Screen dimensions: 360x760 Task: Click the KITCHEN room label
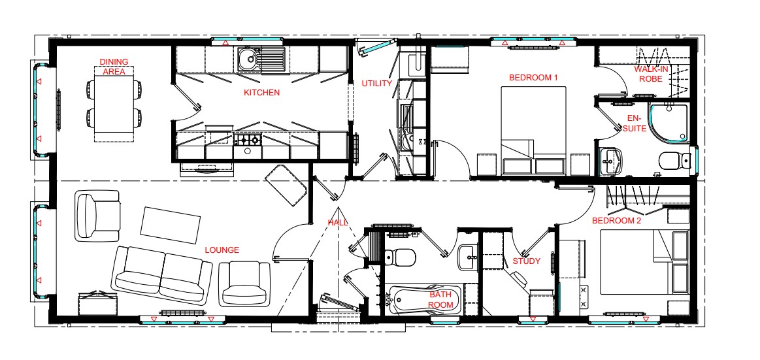click(x=261, y=93)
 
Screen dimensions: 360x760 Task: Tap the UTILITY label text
click(x=376, y=84)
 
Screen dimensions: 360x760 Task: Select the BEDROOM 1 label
click(x=533, y=78)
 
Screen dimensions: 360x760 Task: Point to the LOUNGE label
click(x=222, y=250)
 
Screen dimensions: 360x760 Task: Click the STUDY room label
click(x=526, y=261)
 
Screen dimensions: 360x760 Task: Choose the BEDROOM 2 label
click(x=616, y=221)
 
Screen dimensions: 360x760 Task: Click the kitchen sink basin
click(x=249, y=60)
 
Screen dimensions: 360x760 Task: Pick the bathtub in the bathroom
click(x=423, y=301)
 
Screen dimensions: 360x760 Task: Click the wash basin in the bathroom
click(x=469, y=256)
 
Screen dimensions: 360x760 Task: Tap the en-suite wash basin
click(x=610, y=159)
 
